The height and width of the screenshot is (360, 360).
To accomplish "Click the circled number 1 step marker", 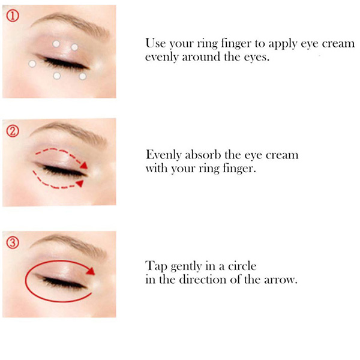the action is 13,16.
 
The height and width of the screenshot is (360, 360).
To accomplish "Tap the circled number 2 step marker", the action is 13,131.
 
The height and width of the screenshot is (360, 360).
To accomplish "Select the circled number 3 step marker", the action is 13,243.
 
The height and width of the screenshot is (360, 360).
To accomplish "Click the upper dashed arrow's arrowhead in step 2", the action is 84,166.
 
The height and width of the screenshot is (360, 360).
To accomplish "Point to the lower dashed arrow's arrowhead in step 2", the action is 80,184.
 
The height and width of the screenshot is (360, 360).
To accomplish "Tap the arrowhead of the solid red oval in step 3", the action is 91,271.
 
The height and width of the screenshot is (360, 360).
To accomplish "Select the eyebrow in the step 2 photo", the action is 69,133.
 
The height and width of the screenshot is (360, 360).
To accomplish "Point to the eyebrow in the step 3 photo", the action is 69,245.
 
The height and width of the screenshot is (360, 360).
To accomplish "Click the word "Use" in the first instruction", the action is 155,43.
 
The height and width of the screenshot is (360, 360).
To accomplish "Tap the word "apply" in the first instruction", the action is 283,44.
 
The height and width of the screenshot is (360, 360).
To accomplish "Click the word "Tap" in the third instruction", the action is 156,266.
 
